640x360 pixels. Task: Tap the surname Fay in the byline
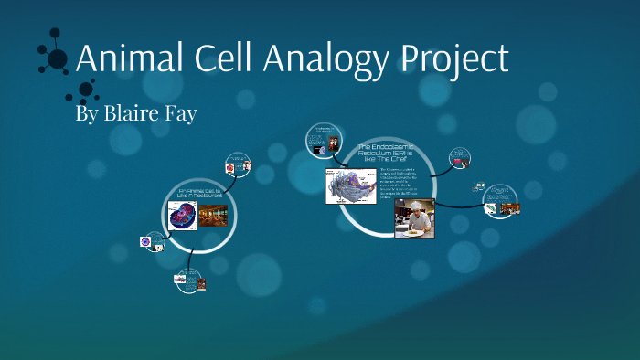[178, 116]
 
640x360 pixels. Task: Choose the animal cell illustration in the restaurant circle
[183, 217]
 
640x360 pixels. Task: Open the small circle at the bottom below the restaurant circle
[189, 281]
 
